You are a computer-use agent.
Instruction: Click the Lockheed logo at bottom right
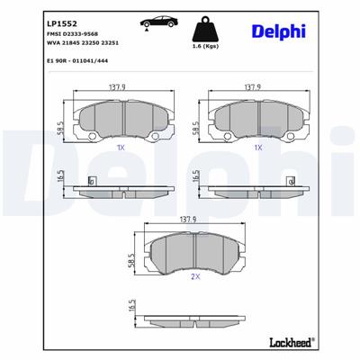[292, 343]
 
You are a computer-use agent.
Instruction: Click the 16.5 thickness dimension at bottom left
[132, 307]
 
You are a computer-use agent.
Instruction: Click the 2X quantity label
[193, 278]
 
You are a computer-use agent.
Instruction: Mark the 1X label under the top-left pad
[121, 146]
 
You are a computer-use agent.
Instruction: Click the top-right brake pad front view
[257, 119]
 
